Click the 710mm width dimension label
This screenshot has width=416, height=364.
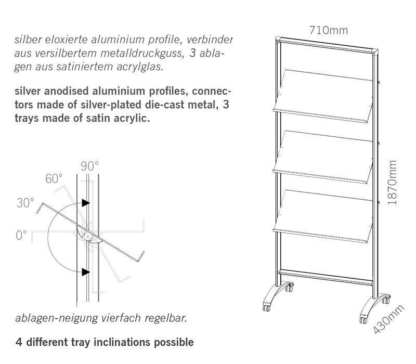(328, 30)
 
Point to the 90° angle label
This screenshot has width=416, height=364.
(89, 166)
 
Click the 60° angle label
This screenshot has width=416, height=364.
(54, 179)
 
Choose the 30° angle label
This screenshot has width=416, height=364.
(25, 203)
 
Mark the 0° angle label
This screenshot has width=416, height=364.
(21, 235)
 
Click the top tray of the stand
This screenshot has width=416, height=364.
(322, 91)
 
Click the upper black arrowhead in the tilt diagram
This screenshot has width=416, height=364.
(85, 202)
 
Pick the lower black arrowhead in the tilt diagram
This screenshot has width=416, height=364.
(85, 271)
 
